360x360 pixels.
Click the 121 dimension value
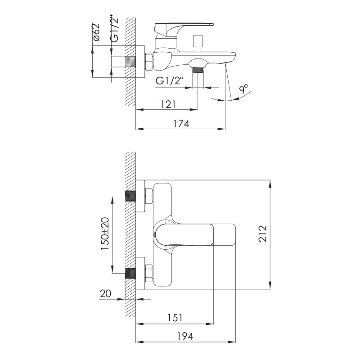[x=168, y=104]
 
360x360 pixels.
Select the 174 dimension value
[x=180, y=124]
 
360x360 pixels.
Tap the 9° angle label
[x=244, y=89]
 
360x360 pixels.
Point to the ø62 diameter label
[x=96, y=33]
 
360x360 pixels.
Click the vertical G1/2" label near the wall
[x=115, y=31]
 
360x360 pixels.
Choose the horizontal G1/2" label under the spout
[x=171, y=81]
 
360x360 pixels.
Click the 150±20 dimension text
[x=105, y=233]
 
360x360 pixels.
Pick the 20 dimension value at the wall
[x=105, y=293]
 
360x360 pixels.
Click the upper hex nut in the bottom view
[x=148, y=197]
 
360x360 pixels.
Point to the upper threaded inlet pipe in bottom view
[x=130, y=197]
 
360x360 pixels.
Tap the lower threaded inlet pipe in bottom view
[x=130, y=272]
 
